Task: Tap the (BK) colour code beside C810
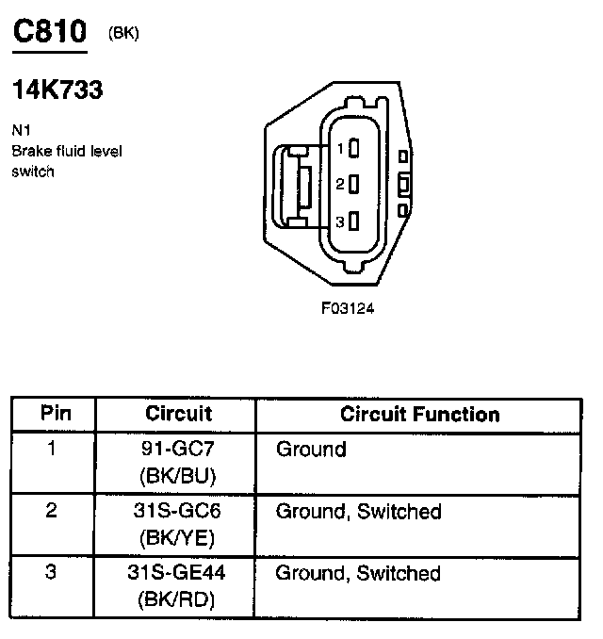123,33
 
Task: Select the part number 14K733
57,90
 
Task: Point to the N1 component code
20,130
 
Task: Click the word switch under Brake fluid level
33,172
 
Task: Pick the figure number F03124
349,307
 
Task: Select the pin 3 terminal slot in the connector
353,221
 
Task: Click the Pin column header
54,414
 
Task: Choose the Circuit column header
178,414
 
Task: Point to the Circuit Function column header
419,414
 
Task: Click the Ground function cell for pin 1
311,450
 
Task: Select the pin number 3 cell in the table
52,573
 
